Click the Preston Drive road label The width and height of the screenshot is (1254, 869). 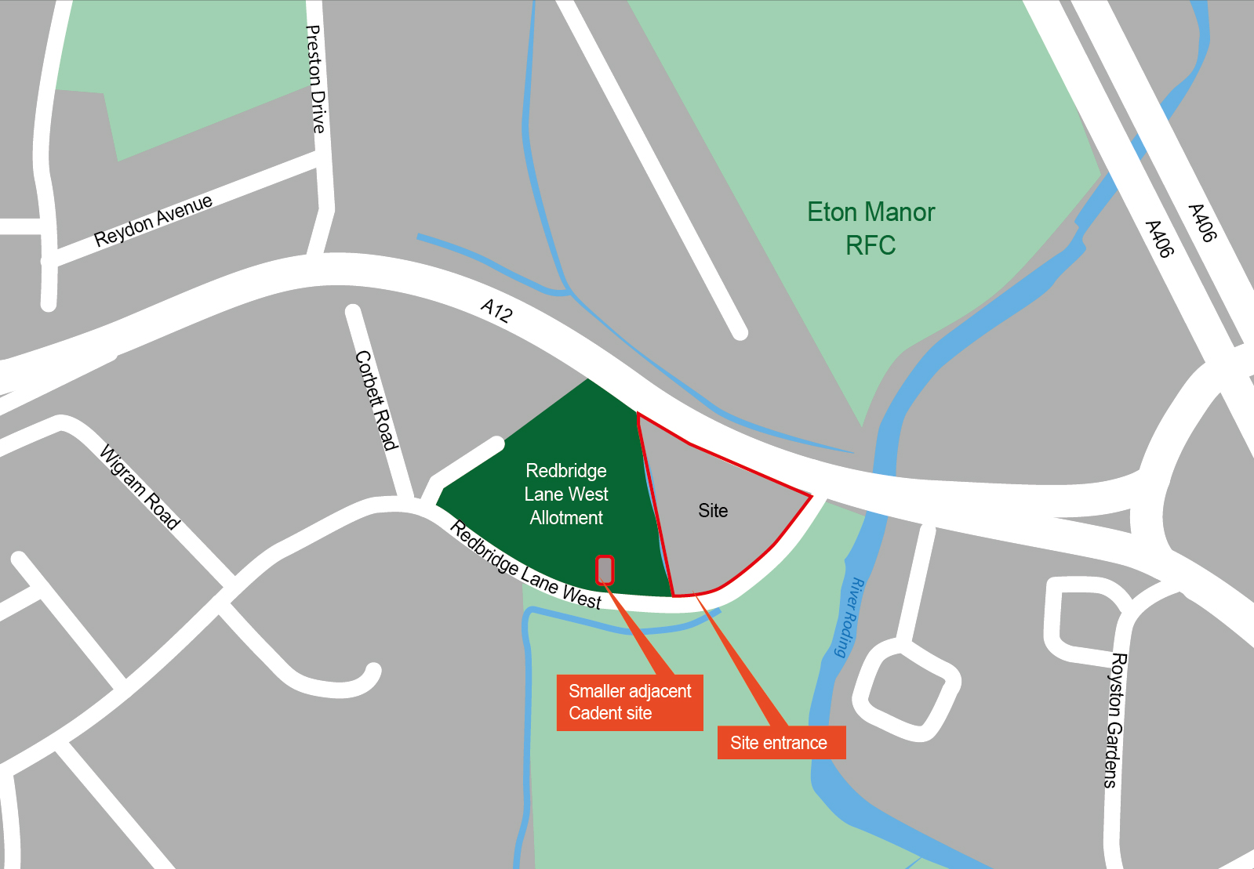point(314,78)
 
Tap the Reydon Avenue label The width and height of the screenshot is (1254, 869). point(154,220)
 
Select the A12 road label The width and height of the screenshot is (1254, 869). point(496,310)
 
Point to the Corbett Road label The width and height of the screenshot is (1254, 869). point(377,400)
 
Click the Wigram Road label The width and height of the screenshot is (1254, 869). point(140,487)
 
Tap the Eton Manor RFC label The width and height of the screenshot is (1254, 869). point(871,228)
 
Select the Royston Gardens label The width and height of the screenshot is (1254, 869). point(1114,719)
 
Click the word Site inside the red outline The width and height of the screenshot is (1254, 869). point(713,511)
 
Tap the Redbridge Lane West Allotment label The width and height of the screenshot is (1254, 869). point(566,494)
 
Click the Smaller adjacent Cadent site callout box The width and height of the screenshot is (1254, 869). point(630,702)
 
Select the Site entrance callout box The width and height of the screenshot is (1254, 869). point(781,743)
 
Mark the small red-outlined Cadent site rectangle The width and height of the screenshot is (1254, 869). point(605,570)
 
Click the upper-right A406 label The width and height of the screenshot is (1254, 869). point(1201,223)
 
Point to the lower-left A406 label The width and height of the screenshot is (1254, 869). point(1159,239)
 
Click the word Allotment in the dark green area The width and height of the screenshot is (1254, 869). point(566,518)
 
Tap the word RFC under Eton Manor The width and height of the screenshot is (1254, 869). point(871,246)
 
